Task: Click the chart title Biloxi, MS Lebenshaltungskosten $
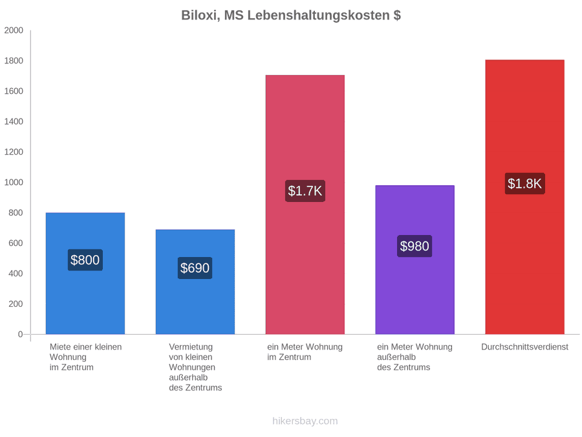(290, 16)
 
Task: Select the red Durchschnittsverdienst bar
(525, 197)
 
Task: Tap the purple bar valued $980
(415, 260)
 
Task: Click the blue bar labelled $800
(85, 273)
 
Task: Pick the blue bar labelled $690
(195, 282)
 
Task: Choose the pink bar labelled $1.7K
(305, 205)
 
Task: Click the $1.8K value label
(525, 184)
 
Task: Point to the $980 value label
(415, 246)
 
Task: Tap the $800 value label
(85, 260)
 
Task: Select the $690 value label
(195, 268)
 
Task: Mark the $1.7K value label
(305, 191)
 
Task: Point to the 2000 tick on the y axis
(14, 30)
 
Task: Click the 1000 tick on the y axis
(14, 183)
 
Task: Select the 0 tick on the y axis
(21, 335)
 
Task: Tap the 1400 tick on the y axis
(14, 122)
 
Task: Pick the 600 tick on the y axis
(16, 243)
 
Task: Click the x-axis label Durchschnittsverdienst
(525, 347)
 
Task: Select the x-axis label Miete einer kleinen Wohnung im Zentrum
(86, 357)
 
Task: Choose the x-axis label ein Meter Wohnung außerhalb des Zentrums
(415, 357)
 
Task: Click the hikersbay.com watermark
(305, 421)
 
